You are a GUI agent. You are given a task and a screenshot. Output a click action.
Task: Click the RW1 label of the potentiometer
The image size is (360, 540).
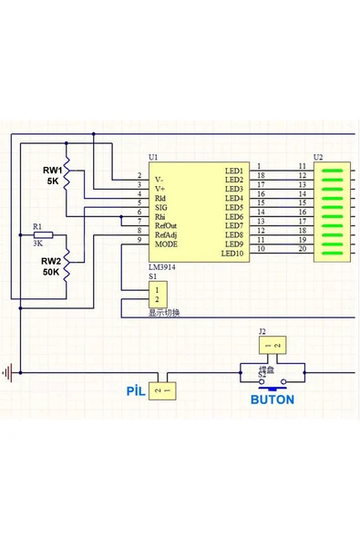tap(52, 171)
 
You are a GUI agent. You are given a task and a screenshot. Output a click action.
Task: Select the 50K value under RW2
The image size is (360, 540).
tap(50, 272)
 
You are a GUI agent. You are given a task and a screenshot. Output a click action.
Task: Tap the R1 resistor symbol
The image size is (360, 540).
tap(43, 234)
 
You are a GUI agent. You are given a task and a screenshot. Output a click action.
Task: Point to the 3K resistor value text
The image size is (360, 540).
tap(37, 244)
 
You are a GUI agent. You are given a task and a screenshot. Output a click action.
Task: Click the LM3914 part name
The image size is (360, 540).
tap(162, 266)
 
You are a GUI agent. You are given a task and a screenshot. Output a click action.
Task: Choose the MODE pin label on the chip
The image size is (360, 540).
tap(166, 244)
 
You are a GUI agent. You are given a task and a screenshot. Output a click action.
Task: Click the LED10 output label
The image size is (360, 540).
tap(233, 254)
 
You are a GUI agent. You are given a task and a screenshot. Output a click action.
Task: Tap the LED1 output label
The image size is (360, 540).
tap(234, 171)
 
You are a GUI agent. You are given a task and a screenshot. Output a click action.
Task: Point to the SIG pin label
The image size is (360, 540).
tap(161, 207)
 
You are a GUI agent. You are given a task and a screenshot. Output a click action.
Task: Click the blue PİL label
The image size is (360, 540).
tap(136, 390)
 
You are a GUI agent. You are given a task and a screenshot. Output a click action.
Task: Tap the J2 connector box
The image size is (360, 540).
tap(272, 346)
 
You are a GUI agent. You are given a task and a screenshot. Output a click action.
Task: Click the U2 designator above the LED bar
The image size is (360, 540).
tap(318, 158)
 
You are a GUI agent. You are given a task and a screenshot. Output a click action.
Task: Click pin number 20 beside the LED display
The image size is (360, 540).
tap(301, 249)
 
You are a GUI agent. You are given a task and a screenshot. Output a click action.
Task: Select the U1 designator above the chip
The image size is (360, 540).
tap(153, 158)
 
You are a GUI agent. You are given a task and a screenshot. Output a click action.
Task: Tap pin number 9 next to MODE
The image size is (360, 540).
tap(139, 240)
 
